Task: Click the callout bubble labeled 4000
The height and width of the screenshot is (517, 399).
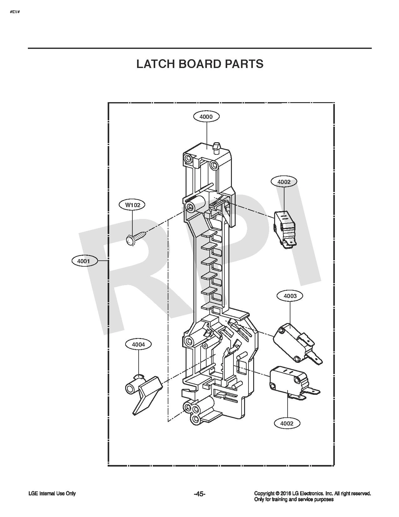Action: point(206,117)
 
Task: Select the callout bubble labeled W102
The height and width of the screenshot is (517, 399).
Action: point(133,205)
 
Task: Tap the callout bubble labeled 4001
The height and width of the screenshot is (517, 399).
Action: point(84,261)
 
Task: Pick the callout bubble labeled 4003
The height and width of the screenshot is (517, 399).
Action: point(290,296)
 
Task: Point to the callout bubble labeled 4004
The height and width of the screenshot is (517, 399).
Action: point(138,344)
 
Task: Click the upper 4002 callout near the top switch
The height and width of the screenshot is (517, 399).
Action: point(284,182)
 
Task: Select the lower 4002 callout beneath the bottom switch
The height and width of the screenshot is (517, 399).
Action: point(287,423)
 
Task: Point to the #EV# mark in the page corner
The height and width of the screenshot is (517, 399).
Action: point(14,11)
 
